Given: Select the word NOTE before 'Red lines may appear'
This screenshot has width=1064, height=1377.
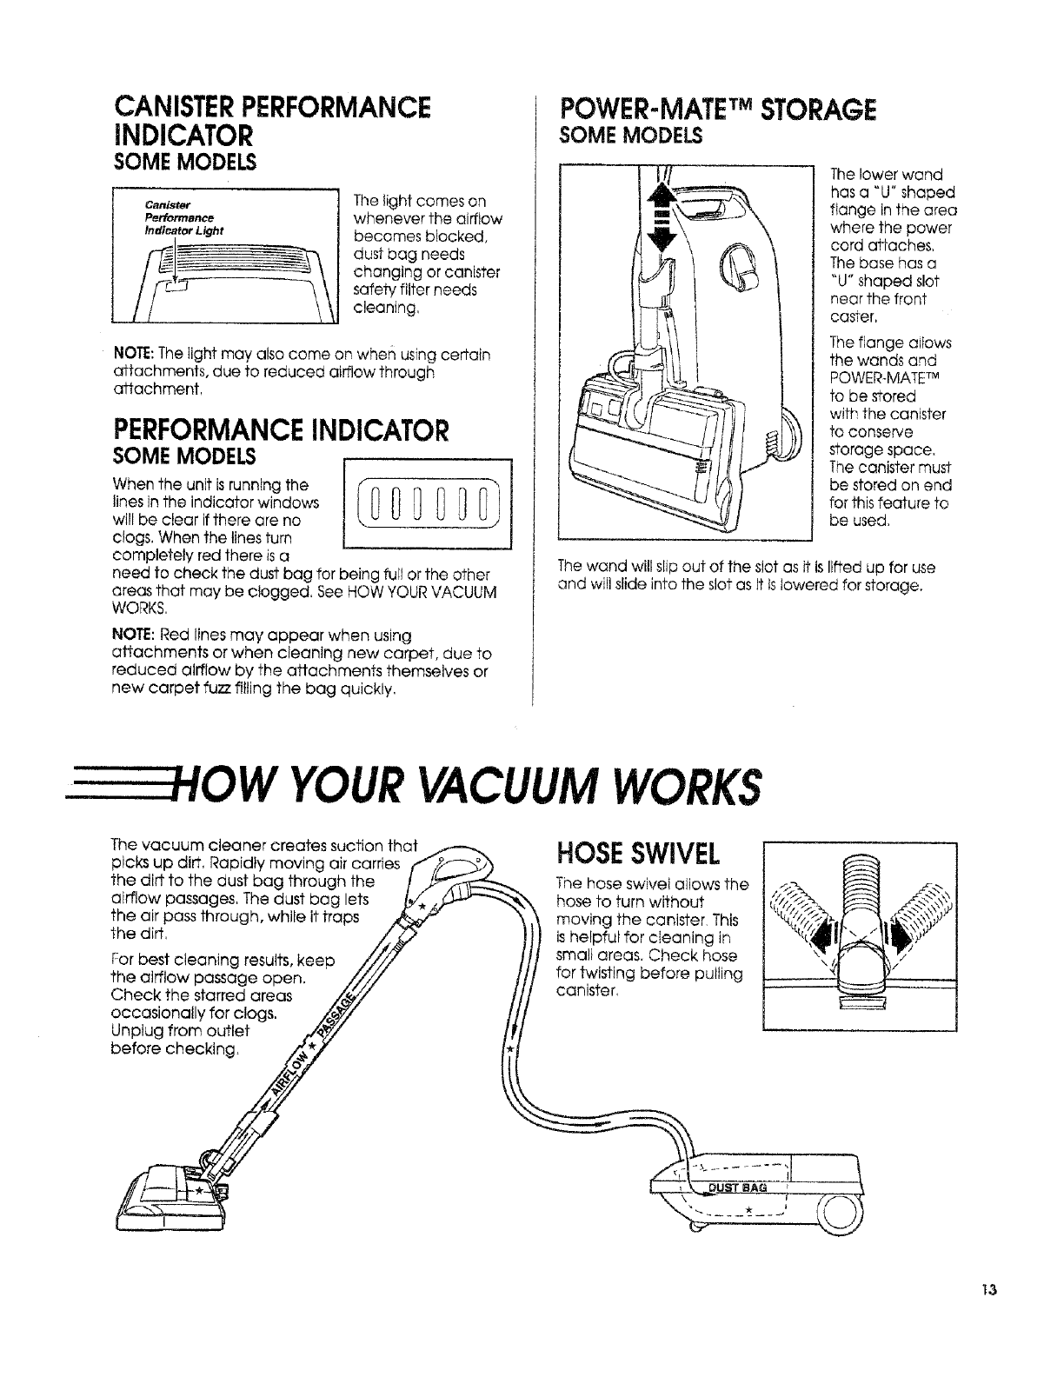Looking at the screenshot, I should [130, 635].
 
